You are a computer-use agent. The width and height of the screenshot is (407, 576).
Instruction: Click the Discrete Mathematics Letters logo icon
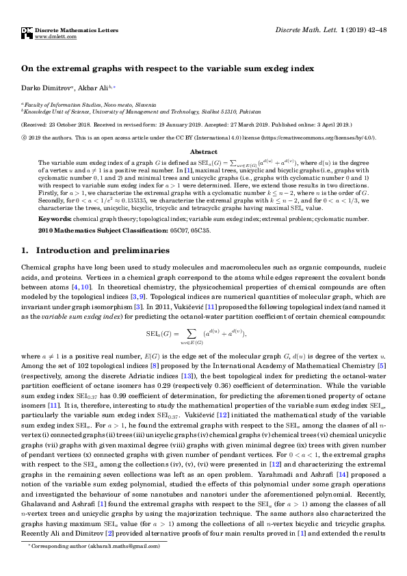pyautogui.click(x=27, y=32)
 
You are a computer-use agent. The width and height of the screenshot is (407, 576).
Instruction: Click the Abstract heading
pyautogui.click(x=203, y=152)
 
